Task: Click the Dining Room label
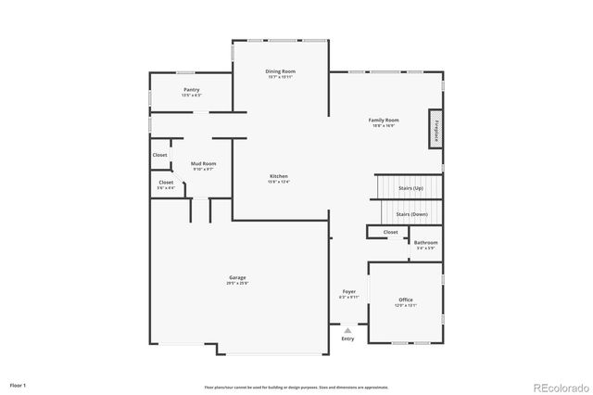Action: point(279,71)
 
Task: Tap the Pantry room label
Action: point(192,90)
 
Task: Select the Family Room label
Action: point(383,120)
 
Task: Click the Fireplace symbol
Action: point(434,129)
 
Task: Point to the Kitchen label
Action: point(278,176)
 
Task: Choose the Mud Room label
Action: point(203,163)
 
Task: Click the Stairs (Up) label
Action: point(410,187)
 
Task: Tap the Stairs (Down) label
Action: point(410,214)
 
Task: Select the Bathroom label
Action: point(426,243)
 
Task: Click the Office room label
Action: point(406,299)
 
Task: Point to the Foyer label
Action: point(349,291)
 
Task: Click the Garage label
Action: point(238,277)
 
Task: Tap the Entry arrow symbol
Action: point(347,329)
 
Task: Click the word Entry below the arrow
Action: point(347,338)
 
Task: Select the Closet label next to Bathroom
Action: point(390,232)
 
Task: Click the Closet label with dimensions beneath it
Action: point(166,183)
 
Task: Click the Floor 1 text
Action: point(19,384)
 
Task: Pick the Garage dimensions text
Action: point(238,283)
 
